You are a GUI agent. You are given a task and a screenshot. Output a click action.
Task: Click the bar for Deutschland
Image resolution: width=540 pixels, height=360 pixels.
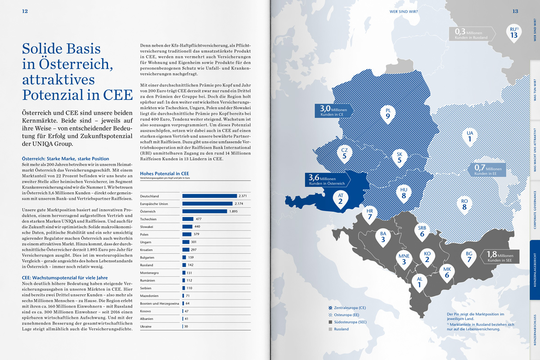pyautogui.click(x=209, y=196)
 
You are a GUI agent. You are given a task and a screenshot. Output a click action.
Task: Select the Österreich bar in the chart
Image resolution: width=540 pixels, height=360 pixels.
pyautogui.click(x=204, y=211)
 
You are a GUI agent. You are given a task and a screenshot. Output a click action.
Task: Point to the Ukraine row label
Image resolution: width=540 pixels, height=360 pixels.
pyautogui.click(x=147, y=326)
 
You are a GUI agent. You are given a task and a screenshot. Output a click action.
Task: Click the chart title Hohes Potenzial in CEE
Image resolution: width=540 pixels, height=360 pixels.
pyautogui.click(x=165, y=173)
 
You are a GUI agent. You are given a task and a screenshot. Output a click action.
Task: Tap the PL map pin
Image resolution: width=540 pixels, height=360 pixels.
pyautogui.click(x=387, y=115)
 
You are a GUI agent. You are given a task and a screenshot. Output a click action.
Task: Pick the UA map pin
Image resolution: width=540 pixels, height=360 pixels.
pyautogui.click(x=469, y=138)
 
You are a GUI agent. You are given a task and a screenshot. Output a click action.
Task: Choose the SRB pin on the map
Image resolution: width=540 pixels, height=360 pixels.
pyautogui.click(x=422, y=231)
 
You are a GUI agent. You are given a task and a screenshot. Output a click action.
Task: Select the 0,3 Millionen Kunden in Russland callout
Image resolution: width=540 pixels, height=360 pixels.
pyautogui.click(x=472, y=34)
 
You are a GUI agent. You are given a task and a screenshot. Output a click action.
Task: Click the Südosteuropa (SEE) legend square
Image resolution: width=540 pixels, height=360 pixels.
pyautogui.click(x=331, y=322)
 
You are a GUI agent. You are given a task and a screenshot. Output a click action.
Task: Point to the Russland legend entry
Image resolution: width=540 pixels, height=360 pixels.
pyautogui.click(x=341, y=329)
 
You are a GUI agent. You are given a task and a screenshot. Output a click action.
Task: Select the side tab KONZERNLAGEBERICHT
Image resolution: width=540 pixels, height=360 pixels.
pyautogui.click(x=535, y=270)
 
